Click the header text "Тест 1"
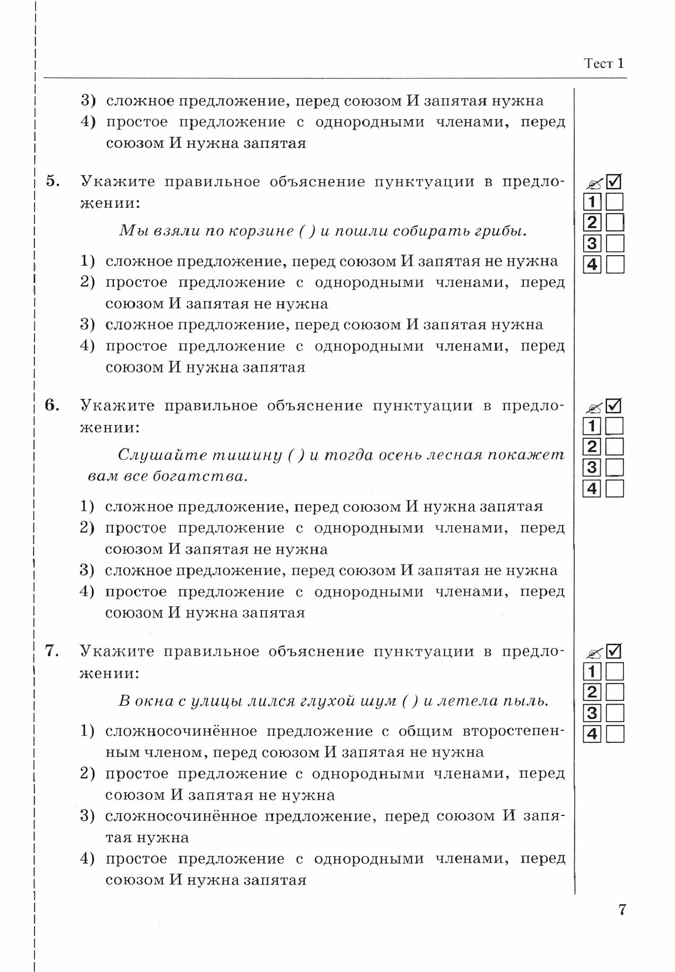[x=604, y=64]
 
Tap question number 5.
[x=53, y=181]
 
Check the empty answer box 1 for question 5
[x=615, y=202]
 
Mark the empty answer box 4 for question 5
[x=615, y=264]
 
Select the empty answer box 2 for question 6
[x=615, y=447]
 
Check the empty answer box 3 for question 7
[x=615, y=713]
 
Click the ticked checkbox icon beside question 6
[x=614, y=406]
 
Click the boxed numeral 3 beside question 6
[x=592, y=468]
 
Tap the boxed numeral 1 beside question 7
[x=592, y=672]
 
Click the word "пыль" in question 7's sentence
[x=527, y=701]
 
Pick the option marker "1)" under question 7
[x=88, y=731]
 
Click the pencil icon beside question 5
[x=593, y=184]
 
